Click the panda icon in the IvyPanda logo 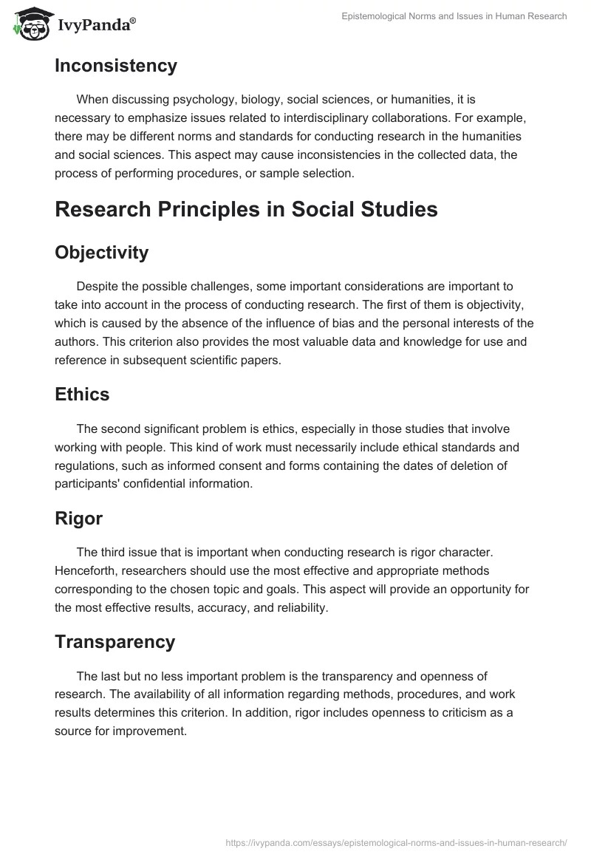29,24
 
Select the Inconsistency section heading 116,66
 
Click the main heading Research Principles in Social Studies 246,209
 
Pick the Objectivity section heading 101,253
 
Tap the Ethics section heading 82,395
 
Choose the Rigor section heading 78,519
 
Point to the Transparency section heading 115,642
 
